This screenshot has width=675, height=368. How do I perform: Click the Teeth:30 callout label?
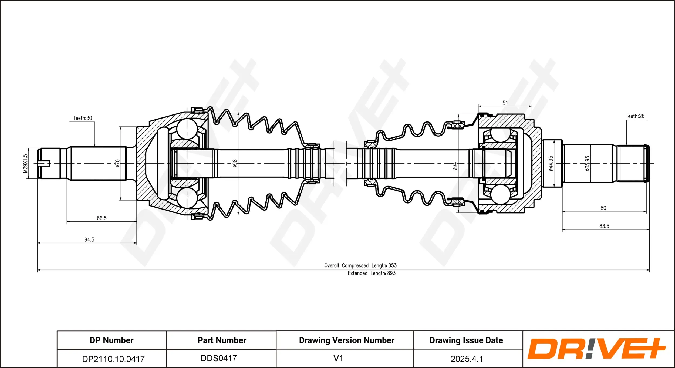(x=83, y=118)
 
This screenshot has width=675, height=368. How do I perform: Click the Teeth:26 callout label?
(x=635, y=116)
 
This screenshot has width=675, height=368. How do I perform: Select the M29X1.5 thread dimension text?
(x=25, y=163)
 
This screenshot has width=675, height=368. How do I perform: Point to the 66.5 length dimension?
(x=102, y=218)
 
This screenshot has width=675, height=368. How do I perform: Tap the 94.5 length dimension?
(x=89, y=239)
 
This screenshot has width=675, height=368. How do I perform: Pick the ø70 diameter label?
(x=117, y=163)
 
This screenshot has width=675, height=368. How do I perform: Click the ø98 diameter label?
(x=235, y=163)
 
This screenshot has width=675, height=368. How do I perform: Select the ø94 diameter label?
(x=455, y=166)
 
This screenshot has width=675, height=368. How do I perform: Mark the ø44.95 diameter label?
(x=551, y=163)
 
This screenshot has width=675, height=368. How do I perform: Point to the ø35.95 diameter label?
(x=587, y=163)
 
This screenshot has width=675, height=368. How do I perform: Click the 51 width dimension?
(x=505, y=103)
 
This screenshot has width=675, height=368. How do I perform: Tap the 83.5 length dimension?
(x=604, y=226)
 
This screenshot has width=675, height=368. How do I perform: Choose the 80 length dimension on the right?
(x=603, y=208)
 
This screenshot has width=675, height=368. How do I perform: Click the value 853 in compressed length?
(x=392, y=265)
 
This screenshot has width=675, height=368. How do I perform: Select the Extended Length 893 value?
(x=391, y=273)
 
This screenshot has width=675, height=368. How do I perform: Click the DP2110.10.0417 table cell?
(x=113, y=359)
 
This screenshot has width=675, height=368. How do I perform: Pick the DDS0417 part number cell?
(x=219, y=358)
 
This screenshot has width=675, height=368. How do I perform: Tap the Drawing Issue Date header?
(x=466, y=340)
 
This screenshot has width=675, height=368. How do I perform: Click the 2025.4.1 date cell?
(x=467, y=359)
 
